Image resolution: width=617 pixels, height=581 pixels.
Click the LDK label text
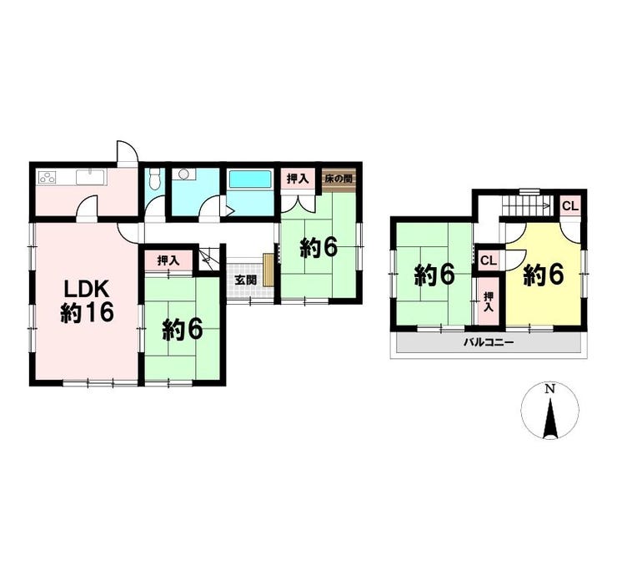tap(87, 290)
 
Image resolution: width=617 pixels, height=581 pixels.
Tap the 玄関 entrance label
tap(246, 280)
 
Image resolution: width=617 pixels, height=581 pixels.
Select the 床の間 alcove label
tap(338, 179)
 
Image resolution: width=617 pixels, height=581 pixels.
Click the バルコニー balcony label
tap(488, 342)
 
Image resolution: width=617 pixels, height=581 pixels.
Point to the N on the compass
tap(550, 389)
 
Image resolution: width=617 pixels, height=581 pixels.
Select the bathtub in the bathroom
tap(250, 179)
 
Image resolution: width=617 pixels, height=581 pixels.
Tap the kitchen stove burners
tap(47, 177)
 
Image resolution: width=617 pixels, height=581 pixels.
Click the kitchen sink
tap(91, 177)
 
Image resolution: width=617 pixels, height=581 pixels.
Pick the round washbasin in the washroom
tap(182, 174)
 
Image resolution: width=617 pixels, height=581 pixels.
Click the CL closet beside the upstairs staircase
tap(570, 206)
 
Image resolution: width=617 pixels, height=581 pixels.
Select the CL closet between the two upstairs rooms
tap(489, 260)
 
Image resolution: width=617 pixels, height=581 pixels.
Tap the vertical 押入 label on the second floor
tap(489, 301)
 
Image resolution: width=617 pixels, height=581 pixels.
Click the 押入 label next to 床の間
tap(298, 179)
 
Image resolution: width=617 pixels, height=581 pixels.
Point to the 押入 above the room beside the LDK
tap(168, 260)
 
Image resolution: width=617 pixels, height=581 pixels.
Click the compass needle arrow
tap(550, 418)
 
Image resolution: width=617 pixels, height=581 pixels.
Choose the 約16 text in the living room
tap(87, 313)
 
